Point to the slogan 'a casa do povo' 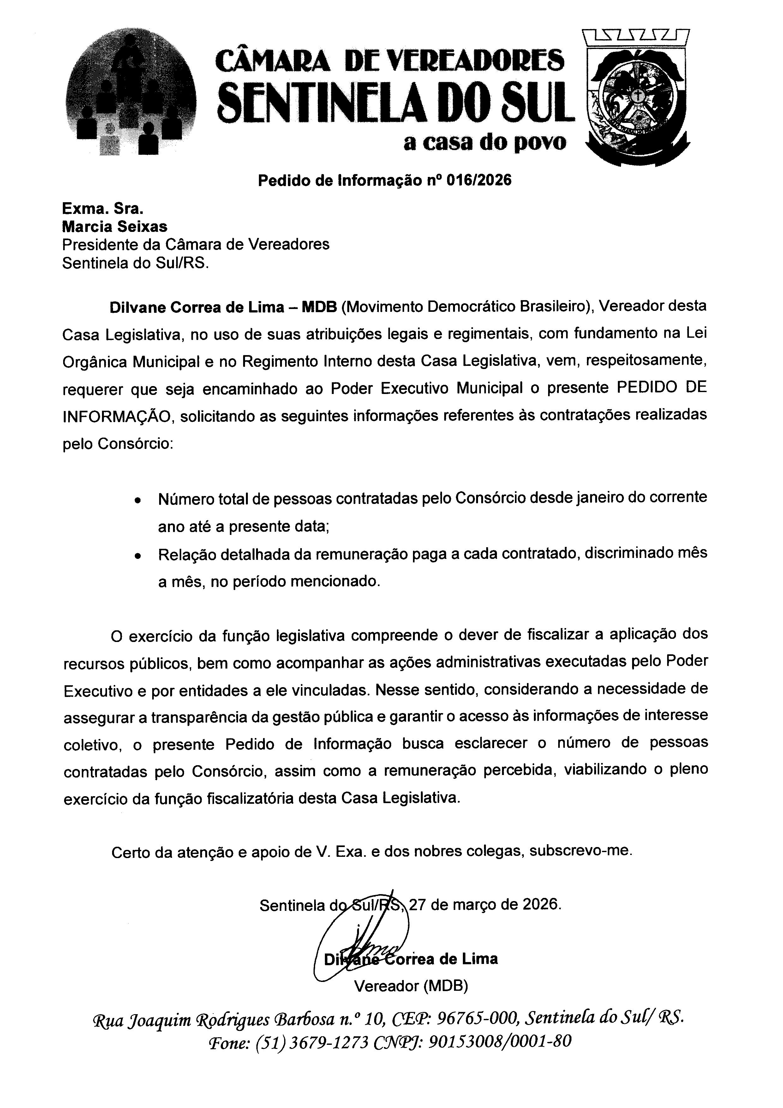pyautogui.click(x=485, y=142)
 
